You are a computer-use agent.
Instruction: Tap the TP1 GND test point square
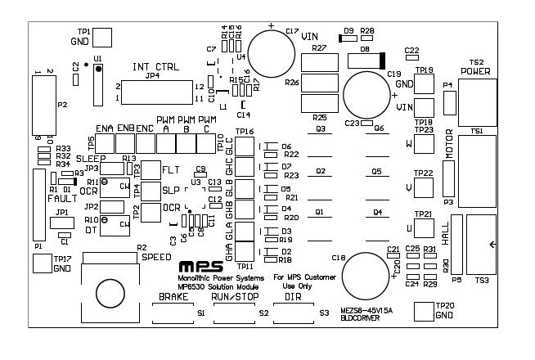pos(102,37)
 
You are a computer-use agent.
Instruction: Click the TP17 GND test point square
pos(41,263)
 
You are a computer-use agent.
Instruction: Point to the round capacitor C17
pos(272,52)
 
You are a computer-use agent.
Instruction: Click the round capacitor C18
pos(364,276)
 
